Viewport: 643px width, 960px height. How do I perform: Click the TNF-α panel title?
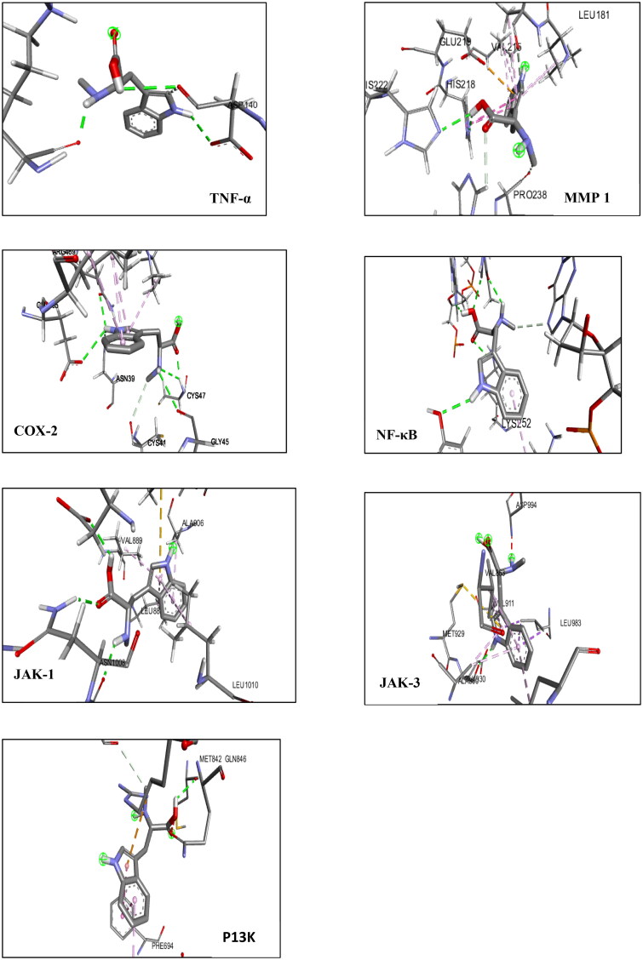point(233,197)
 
